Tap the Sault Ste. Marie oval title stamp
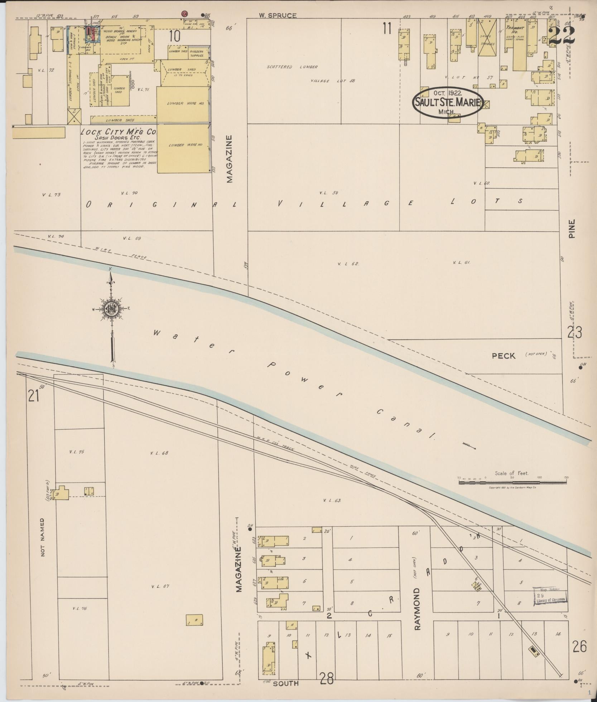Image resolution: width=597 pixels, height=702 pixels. (x=447, y=102)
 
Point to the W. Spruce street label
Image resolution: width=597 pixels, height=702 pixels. (x=278, y=15)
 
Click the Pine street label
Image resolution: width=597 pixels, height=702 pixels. (x=571, y=229)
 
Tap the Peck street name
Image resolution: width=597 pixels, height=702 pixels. (x=503, y=356)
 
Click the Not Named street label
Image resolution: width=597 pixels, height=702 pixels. (x=43, y=537)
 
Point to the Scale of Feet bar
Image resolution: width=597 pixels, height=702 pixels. (x=512, y=482)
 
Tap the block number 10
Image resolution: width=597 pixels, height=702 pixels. (x=174, y=36)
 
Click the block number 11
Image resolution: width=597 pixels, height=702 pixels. (x=386, y=29)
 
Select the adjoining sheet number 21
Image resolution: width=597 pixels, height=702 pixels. (x=33, y=396)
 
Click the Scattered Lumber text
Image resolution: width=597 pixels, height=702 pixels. (x=292, y=67)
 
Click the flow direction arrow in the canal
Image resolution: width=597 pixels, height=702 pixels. (x=469, y=446)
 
